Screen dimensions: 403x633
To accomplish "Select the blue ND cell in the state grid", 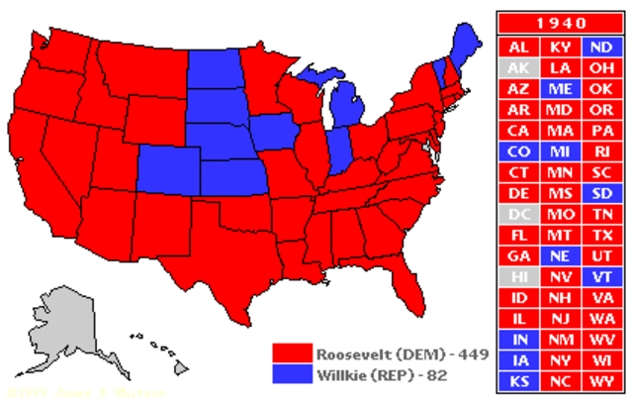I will pos(599,47).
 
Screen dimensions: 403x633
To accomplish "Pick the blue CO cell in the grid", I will pos(518,151).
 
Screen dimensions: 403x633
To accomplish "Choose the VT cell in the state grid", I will pos(599,276).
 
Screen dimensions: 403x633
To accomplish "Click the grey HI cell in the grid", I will pos(518,276).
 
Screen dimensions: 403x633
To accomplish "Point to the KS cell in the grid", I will pos(518,380).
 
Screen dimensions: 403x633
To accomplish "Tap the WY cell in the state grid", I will pos(599,380).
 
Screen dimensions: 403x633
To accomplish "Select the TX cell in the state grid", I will pos(599,235).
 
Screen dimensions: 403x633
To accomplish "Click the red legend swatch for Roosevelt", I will pos(293,354).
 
